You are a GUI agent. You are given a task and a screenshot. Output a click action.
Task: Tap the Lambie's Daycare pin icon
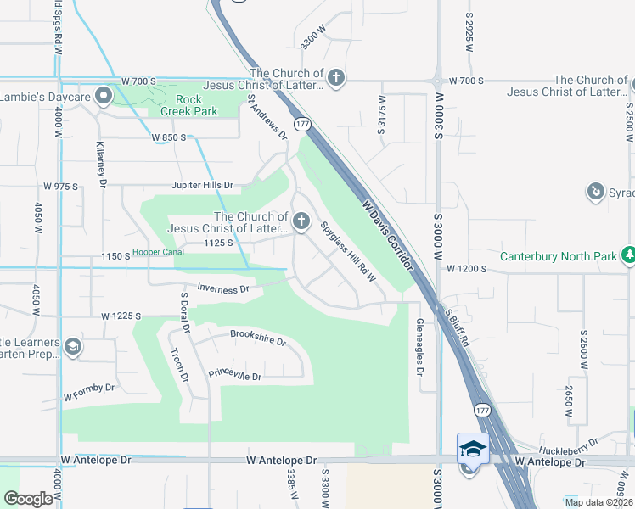[x=104, y=95]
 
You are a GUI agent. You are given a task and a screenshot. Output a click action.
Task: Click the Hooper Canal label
[x=160, y=254]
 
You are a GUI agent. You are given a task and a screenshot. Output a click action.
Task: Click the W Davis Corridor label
[x=388, y=234]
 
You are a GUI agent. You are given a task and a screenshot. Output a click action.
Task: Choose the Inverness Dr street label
[x=222, y=288]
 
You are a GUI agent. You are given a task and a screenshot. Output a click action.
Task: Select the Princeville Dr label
[x=235, y=374]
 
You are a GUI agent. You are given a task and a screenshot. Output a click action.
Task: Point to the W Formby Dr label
[x=88, y=392]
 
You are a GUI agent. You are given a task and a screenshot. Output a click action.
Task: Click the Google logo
[x=30, y=498]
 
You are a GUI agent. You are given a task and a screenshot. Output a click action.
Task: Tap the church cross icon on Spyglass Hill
[x=301, y=222]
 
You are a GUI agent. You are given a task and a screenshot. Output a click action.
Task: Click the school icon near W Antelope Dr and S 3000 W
[x=473, y=447]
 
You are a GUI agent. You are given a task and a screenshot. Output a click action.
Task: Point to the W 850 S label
[x=169, y=137]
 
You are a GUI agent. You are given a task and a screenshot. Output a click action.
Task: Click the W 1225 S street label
[x=120, y=316]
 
